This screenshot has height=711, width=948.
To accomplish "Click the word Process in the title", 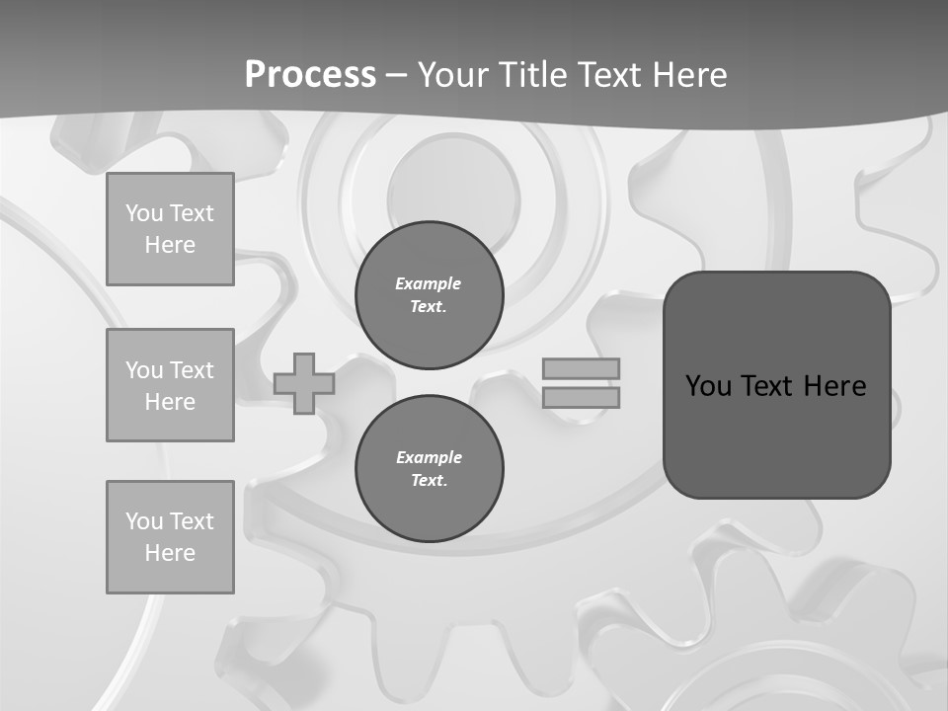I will [x=310, y=74].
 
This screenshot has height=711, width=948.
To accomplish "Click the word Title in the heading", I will [x=535, y=75].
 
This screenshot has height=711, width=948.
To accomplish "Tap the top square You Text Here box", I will [x=170, y=229].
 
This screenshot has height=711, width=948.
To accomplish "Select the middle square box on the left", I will [x=170, y=385].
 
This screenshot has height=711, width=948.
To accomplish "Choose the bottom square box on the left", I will [x=170, y=537].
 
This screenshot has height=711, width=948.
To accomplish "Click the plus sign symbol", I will [x=304, y=383].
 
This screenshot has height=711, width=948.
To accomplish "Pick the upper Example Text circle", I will [x=429, y=295].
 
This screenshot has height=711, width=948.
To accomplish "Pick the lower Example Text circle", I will [x=429, y=469].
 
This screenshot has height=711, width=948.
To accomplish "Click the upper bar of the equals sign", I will [x=581, y=368].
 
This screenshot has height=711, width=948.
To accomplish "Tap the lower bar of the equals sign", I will [x=581, y=397].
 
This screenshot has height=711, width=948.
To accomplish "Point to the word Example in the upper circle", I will [x=429, y=283].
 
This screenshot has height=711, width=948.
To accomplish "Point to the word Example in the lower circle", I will [x=429, y=457].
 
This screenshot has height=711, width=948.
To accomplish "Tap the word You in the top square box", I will [x=144, y=213].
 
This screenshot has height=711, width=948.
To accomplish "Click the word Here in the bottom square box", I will [x=170, y=553].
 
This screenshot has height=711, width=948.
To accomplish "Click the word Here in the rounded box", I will [x=835, y=386].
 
